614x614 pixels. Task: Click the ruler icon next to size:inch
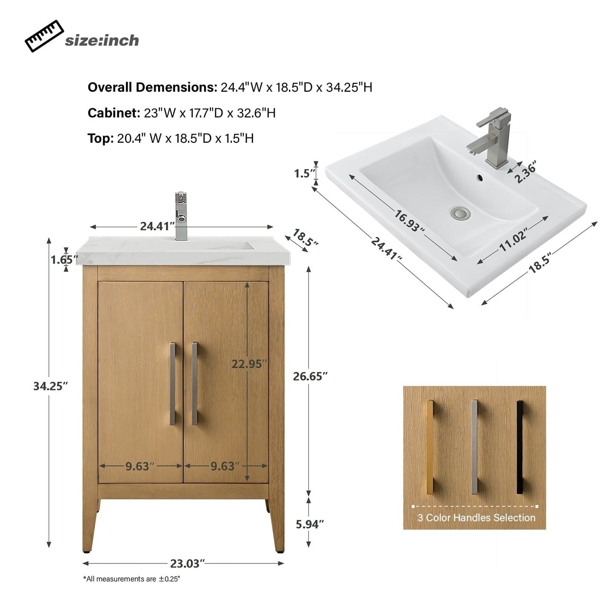44,36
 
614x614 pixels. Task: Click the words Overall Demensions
152,87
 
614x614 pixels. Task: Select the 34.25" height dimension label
51,386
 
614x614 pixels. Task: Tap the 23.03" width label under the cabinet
187,563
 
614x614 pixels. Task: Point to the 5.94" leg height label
310,524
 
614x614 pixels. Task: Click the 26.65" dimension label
310,376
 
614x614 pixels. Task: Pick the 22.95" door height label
249,364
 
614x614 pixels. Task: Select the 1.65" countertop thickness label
64,259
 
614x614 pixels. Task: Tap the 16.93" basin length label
409,221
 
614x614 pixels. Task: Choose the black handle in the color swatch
519,447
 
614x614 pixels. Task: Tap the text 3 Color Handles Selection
476,518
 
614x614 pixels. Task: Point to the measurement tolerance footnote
132,579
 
